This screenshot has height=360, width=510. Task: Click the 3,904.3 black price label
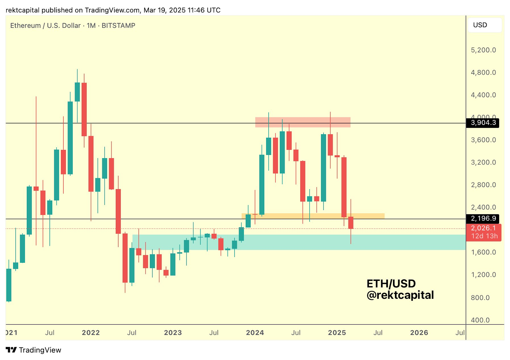pos(483,123)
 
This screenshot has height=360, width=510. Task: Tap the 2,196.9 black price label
pos(483,218)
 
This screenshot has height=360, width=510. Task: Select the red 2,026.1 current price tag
pos(483,228)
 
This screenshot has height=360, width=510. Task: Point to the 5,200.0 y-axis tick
pos(483,50)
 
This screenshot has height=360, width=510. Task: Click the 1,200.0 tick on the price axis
pos(483,275)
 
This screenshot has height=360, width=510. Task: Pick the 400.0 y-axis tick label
pos(480,320)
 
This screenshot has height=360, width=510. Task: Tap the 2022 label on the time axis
pos(91,333)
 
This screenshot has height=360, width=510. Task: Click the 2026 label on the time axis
pos(419,333)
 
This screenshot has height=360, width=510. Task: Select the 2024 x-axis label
pos(255,333)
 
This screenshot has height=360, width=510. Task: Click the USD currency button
pos(480,25)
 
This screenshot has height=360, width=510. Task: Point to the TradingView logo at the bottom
pos(33,350)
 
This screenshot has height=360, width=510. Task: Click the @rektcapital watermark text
pos(400,295)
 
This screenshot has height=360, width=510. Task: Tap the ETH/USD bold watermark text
pos(391,283)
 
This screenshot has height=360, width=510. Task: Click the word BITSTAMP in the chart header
pos(118,26)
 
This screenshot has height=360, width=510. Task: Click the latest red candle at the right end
pos(351,223)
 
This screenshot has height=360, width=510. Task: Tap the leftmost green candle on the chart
pos(9,285)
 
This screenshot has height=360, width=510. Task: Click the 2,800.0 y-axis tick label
pos(483,185)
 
